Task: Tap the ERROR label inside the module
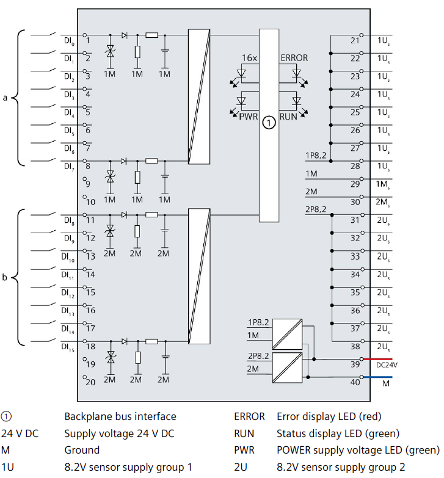pyautogui.click(x=294, y=58)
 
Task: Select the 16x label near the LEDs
pyautogui.click(x=249, y=58)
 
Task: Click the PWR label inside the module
pyautogui.click(x=249, y=115)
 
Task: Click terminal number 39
pyautogui.click(x=355, y=364)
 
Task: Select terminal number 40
pyautogui.click(x=355, y=383)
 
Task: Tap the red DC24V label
pyautogui.click(x=387, y=364)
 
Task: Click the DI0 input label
pyautogui.click(x=68, y=42)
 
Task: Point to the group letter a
pyautogui.click(x=5, y=97)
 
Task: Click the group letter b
pyautogui.click(x=5, y=278)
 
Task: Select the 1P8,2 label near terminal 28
pyautogui.click(x=316, y=156)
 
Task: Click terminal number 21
pyautogui.click(x=355, y=40)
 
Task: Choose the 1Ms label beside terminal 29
pyautogui.click(x=383, y=184)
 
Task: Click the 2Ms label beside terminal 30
pyautogui.click(x=383, y=203)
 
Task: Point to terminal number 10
pyautogui.click(x=90, y=201)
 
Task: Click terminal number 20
pyautogui.click(x=90, y=382)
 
